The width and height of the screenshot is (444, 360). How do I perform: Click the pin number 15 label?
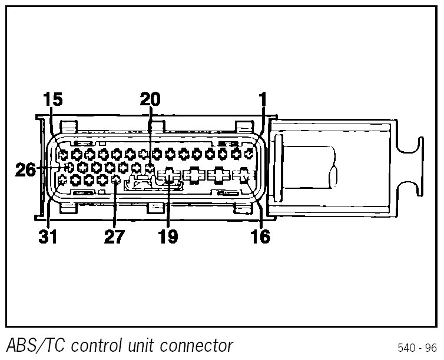point(52,99)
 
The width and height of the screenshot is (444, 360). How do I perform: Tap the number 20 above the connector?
point(150,99)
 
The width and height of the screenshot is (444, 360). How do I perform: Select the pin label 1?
point(262,99)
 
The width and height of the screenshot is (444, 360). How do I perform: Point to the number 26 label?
point(25,169)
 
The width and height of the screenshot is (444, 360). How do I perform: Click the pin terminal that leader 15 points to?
point(63,155)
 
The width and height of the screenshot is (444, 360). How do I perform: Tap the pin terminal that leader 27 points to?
point(115,181)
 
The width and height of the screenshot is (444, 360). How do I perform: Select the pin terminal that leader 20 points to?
point(150,169)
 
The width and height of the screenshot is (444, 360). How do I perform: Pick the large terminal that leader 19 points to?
point(168,175)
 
